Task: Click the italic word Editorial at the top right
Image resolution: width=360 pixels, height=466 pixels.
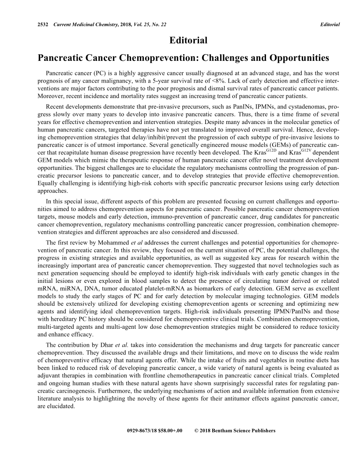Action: [330, 24]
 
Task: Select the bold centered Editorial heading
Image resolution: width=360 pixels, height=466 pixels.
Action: [188, 41]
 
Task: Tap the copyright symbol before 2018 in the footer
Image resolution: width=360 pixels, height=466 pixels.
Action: [196, 431]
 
